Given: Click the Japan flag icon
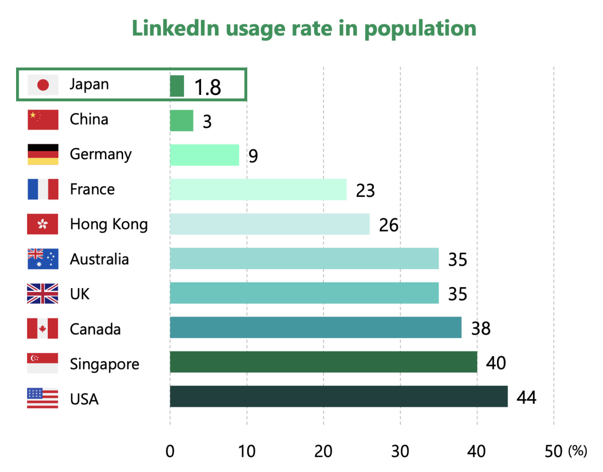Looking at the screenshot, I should coord(43,85).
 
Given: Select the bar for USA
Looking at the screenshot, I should coord(338,397).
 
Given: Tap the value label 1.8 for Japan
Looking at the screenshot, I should coord(208,87).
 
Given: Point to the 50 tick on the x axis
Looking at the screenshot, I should coord(553,451).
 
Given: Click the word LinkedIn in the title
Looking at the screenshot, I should coord(175,29).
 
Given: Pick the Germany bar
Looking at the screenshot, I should coord(205,155).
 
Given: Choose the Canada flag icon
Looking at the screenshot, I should coord(43,329).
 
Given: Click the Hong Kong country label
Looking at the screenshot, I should coord(109,224).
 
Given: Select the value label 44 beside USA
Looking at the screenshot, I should coord(527,398).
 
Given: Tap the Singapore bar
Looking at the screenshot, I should coord(323,362).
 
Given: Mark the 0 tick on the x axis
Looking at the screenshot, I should coord(170,451).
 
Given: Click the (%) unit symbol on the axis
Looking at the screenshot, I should coord(577,451).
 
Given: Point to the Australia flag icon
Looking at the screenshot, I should coord(43,259).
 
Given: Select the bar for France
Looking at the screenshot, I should coord(258,189).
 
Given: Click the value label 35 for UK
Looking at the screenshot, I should coord(457,294).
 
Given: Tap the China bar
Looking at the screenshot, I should coord(181,121).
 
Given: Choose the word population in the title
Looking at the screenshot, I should coord(420,29).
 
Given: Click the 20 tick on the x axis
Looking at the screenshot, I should coord(323,451).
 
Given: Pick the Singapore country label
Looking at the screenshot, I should coord(104,364).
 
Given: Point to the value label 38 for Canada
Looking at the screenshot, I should coord(480,328).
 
